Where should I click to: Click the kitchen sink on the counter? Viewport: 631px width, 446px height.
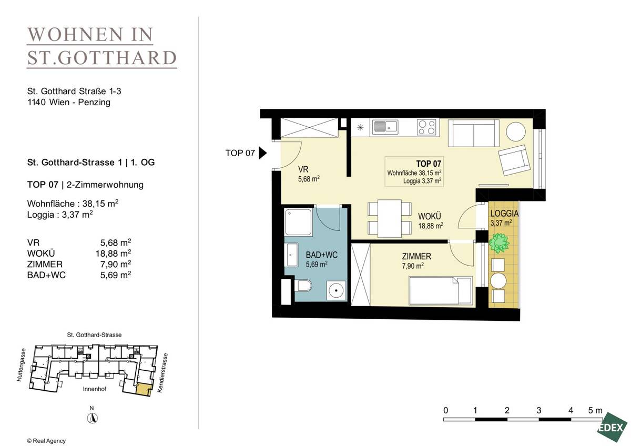click(385, 126)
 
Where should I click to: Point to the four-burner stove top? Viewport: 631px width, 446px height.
click(426, 127)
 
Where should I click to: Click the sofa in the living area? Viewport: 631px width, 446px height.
click(473, 133)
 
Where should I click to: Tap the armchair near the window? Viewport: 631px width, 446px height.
click(513, 160)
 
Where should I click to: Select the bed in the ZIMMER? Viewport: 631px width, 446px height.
click(440, 291)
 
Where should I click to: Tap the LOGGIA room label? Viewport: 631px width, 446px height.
click(504, 214)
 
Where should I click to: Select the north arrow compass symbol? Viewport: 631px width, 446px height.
click(92, 418)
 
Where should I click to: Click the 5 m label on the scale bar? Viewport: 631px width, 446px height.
click(595, 410)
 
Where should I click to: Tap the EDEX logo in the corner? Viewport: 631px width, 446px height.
click(612, 428)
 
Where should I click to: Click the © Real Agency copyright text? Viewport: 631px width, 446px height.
click(46, 441)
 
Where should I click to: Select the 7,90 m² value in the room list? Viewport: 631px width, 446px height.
click(115, 264)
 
